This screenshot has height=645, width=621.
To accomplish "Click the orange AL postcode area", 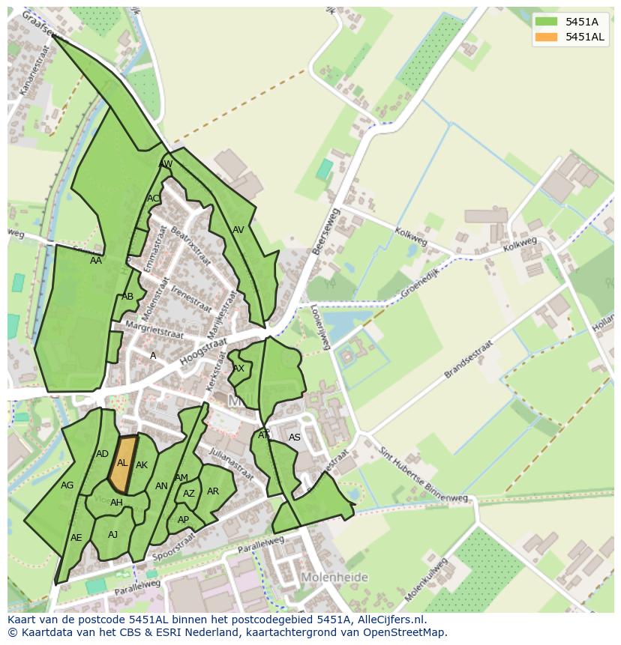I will [x=123, y=464].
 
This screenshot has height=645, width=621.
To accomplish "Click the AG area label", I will [x=67, y=485].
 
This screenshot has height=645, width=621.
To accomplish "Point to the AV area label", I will [x=238, y=230].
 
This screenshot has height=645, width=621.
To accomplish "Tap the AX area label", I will [x=238, y=369].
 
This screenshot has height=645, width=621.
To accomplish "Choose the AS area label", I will [x=295, y=437].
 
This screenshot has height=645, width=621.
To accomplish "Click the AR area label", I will [x=213, y=491].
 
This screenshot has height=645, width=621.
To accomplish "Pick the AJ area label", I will [x=113, y=534].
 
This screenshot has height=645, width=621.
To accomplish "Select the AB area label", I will [x=127, y=297].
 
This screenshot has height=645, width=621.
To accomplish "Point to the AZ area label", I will [x=189, y=494].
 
